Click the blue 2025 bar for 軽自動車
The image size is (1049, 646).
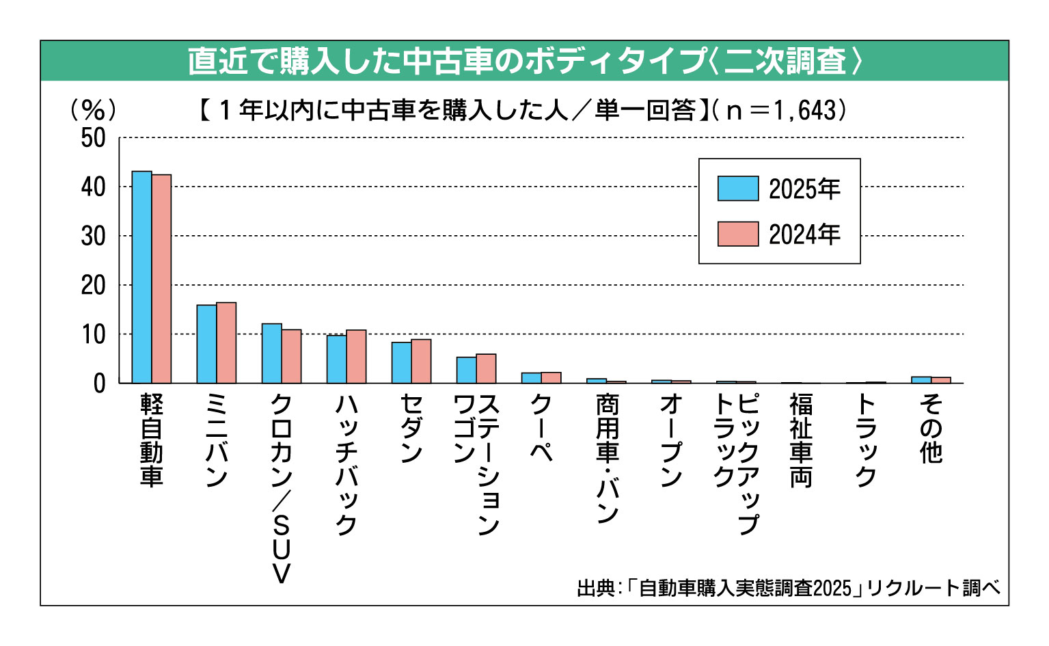click(x=141, y=277)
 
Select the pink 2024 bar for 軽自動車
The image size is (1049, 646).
click(x=161, y=279)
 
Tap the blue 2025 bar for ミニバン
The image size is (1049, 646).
click(x=206, y=344)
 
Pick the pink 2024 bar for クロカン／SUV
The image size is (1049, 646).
click(x=291, y=356)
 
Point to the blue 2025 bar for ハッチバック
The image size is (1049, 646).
click(x=336, y=359)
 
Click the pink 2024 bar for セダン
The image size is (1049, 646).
click(x=421, y=361)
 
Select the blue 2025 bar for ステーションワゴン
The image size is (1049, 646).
click(x=466, y=370)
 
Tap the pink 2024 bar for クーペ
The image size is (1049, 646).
click(x=551, y=377)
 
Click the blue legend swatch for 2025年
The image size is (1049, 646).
click(x=737, y=189)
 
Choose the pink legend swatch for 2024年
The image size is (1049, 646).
click(x=737, y=234)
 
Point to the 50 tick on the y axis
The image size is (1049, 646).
click(x=94, y=138)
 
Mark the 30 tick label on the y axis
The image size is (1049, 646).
click(x=94, y=237)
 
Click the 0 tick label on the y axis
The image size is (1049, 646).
click(x=100, y=383)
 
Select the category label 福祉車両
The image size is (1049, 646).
click(x=801, y=440)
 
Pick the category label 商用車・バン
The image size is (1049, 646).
click(x=607, y=458)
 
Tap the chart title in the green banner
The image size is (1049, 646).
click(x=524, y=62)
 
